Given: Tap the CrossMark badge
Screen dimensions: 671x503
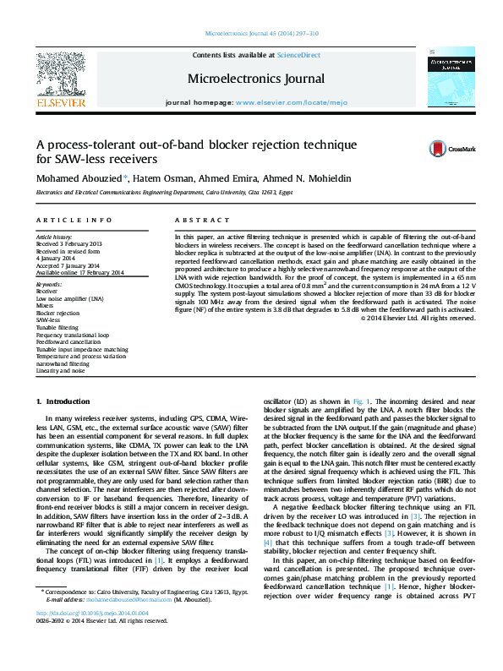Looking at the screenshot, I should tap(440, 149).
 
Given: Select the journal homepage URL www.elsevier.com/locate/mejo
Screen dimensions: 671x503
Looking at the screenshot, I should tap(279, 101).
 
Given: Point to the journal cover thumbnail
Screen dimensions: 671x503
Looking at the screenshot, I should tap(451, 79).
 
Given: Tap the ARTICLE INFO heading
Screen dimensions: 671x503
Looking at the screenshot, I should tap(74, 220).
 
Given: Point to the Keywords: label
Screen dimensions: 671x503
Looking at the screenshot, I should tap(50, 285).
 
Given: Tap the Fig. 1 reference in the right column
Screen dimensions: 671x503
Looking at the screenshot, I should tap(359, 400).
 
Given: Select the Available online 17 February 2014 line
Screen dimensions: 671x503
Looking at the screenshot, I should tap(80, 272).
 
